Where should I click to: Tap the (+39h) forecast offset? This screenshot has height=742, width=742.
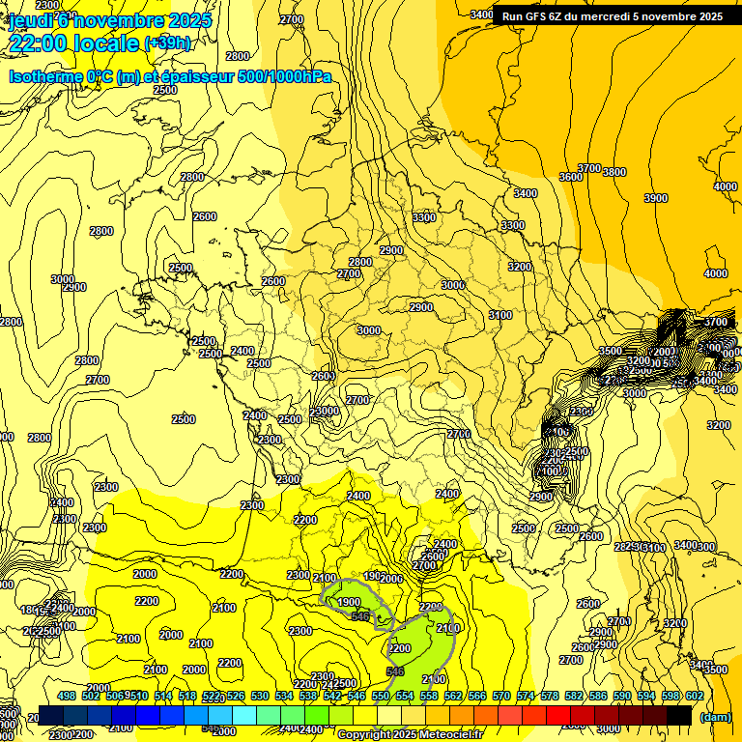coord(167,43)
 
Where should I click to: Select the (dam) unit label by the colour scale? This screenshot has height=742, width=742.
coord(714,717)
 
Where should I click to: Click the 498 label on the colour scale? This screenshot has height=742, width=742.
coord(67,696)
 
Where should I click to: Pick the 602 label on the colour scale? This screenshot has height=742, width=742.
coord(695,696)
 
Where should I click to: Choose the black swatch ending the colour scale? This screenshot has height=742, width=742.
coord(679,715)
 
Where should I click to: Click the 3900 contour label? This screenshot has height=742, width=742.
coord(656,198)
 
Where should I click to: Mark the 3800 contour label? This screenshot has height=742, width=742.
coord(614,172)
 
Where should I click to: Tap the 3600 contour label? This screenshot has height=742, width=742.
coord(571,177)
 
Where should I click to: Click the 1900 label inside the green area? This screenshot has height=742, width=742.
coord(350,602)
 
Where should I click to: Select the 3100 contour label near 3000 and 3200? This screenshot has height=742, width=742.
coord(500,315)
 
